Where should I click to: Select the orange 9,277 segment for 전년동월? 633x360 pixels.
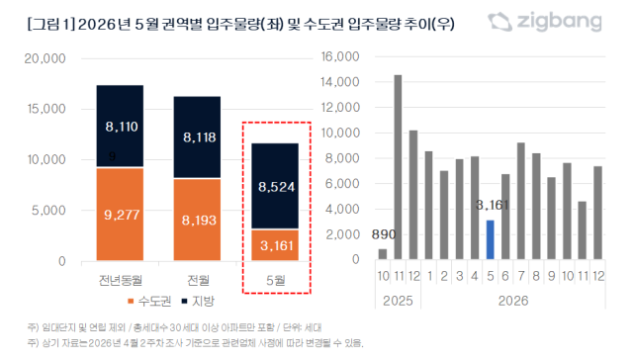coord(120,215)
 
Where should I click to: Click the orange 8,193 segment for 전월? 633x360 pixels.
coord(197,220)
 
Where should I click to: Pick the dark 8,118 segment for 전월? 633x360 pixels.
coord(197,137)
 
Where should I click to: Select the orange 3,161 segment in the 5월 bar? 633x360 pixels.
coord(275,245)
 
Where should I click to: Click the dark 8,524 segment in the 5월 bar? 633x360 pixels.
coord(275,186)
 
